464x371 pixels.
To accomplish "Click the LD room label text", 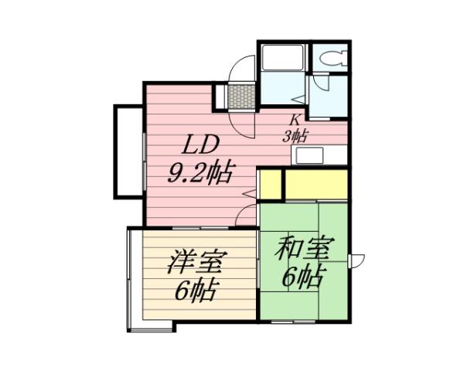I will tap(202, 145).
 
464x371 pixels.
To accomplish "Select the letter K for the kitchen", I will tap(295, 120).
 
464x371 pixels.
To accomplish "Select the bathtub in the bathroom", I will tap(283, 58).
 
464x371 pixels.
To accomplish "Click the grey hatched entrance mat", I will tap(241, 96).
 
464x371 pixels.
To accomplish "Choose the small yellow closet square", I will tap(269, 185).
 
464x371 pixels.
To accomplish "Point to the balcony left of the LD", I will tap(126, 151).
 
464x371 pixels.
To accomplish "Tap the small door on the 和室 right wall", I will tap(356, 260).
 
